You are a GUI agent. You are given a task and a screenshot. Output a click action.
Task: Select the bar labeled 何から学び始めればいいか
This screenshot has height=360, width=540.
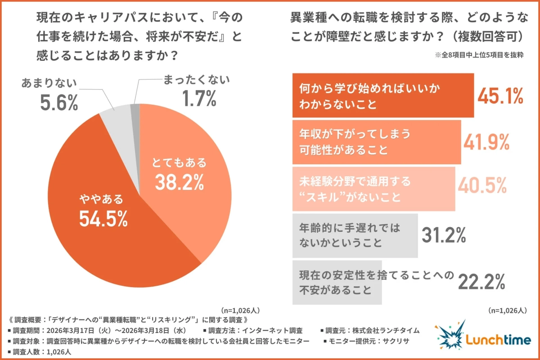tap(383, 95)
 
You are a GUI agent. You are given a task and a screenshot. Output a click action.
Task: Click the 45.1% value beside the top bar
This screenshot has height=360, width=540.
tap(500, 95)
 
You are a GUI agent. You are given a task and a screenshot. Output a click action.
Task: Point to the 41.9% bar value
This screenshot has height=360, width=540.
tap(486, 142)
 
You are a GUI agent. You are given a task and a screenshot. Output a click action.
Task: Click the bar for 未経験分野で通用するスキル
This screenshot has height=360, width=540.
tap(373, 189)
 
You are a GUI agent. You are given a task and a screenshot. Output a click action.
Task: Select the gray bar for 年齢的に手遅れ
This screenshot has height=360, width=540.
tap(355, 235)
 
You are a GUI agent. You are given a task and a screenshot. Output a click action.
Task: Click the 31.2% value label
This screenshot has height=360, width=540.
tap(443, 235)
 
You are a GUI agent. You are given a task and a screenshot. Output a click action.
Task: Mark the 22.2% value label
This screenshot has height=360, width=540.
tap(482, 282)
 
